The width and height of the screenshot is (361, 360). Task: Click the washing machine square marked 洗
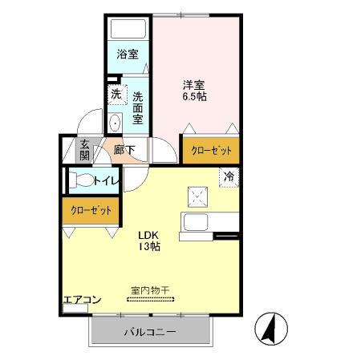click(x=116, y=94)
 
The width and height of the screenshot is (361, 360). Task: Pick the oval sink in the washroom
click(x=115, y=123)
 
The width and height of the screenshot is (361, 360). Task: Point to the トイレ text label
click(x=107, y=181)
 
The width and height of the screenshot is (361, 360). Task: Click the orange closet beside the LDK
click(x=89, y=210)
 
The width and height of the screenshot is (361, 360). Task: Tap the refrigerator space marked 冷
click(x=229, y=176)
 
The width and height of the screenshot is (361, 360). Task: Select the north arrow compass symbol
click(x=269, y=328)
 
